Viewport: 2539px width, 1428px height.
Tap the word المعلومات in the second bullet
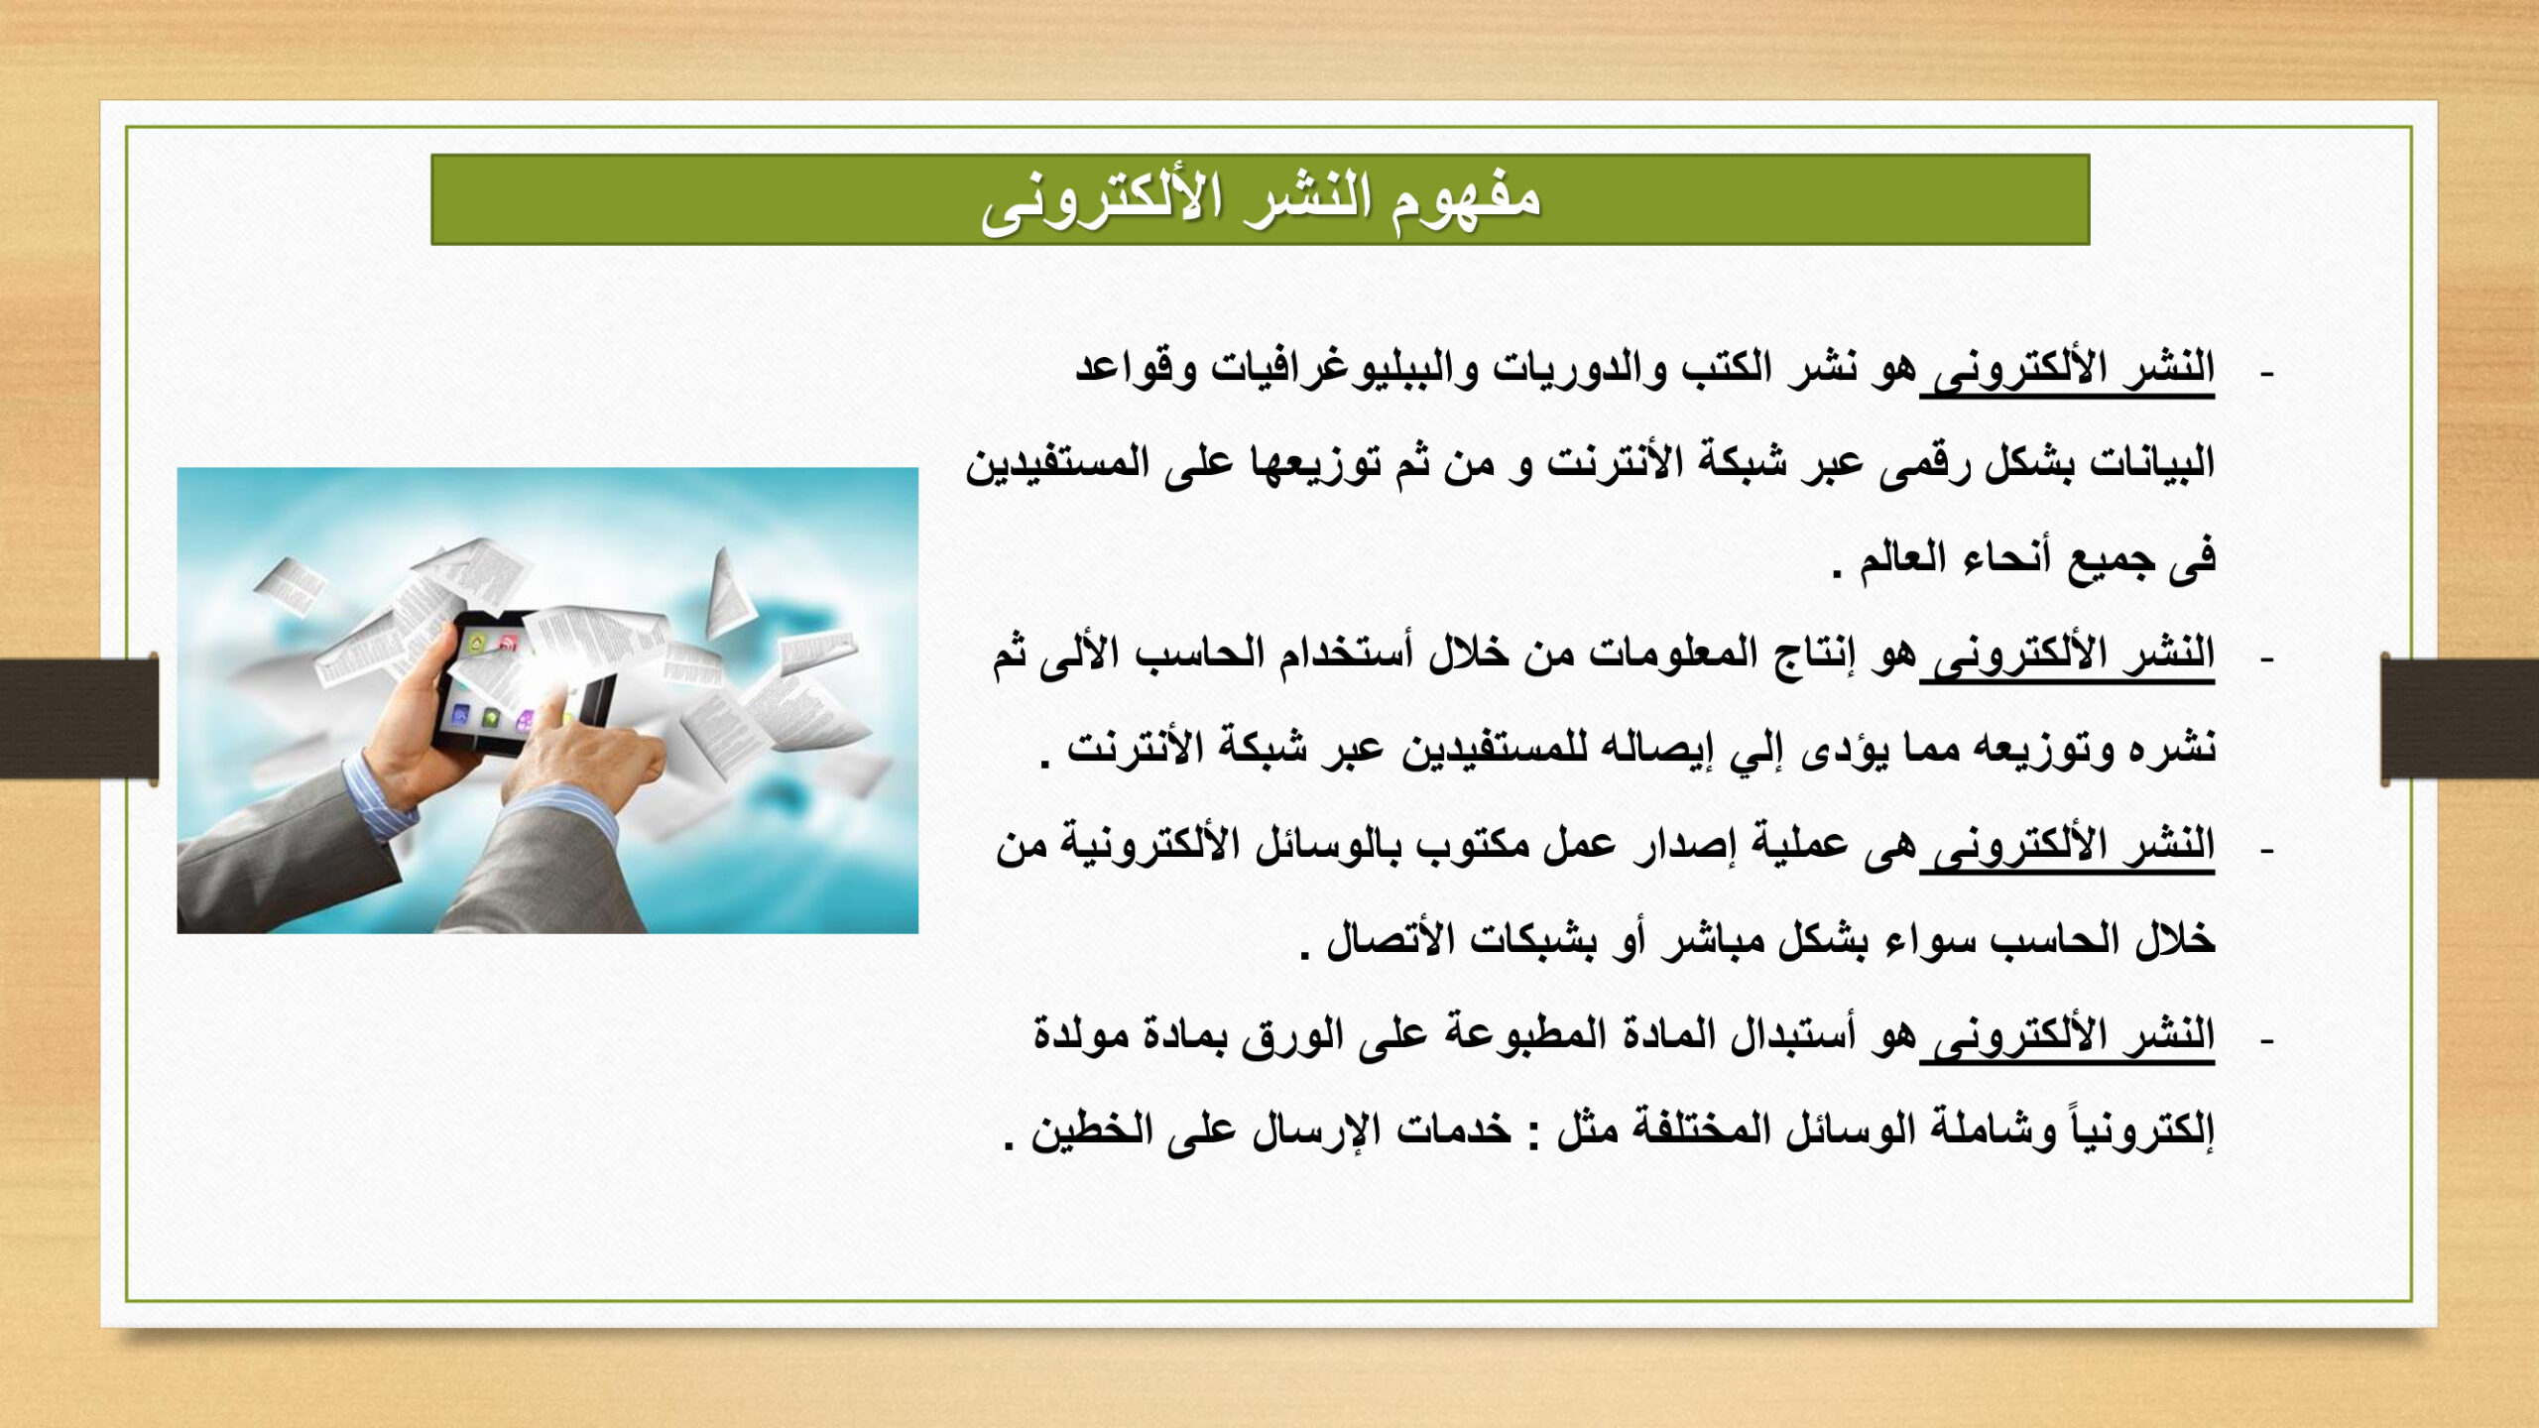click(x=1675, y=654)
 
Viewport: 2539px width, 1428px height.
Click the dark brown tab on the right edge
click(x=2459, y=718)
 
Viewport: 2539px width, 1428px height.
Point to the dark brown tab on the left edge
click(x=79, y=718)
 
